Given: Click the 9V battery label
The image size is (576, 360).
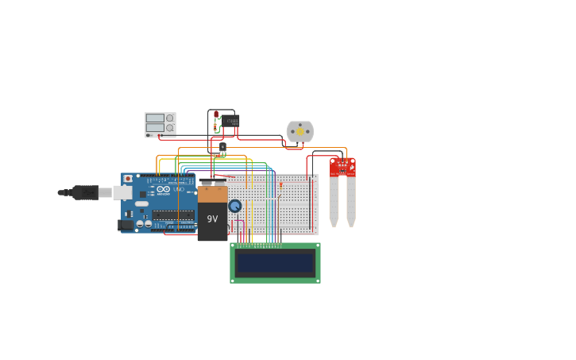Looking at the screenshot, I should click(212, 219).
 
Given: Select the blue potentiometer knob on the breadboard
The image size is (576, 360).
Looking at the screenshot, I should click(234, 206).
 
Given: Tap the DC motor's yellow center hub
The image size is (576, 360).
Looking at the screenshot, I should click(300, 131).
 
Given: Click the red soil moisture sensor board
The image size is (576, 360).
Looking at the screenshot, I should click(342, 167).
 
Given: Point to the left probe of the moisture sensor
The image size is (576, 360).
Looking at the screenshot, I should click(334, 200).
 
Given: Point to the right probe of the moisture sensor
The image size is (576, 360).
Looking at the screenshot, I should click(351, 200).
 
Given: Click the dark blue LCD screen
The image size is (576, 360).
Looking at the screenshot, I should click(275, 262).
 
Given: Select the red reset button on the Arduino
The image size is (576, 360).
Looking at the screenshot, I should click(128, 179).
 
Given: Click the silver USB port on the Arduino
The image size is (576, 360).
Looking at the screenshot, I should click(122, 192).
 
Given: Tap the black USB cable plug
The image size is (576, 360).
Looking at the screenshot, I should click(85, 192).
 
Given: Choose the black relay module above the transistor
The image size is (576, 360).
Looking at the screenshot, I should click(230, 121).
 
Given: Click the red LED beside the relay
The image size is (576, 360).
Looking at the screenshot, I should click(215, 114).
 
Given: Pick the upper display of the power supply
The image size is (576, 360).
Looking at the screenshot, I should click(155, 118).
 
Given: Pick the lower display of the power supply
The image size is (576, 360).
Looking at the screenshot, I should click(155, 127).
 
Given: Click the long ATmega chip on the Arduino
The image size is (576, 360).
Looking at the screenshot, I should click(173, 215).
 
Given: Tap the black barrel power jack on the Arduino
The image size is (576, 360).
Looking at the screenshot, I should click(126, 225).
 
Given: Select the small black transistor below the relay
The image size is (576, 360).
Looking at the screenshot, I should click(222, 146).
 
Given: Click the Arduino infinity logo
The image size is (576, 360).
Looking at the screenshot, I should click(163, 189).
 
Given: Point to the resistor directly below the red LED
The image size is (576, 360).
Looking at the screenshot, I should click(215, 126).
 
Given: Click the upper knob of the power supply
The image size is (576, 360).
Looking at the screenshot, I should click(170, 118).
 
